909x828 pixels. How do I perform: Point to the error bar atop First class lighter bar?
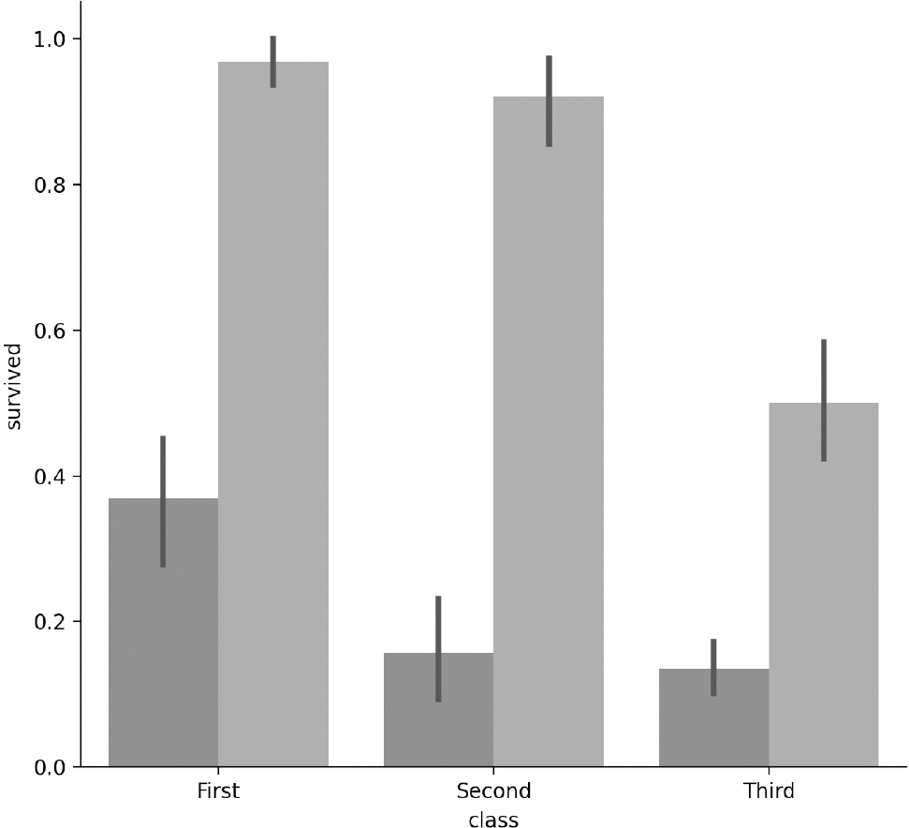(x=273, y=62)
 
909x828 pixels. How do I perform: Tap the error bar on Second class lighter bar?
(x=549, y=101)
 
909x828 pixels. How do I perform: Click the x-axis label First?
(x=218, y=791)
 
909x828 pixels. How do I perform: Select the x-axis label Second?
(x=493, y=791)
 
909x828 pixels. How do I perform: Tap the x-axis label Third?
(x=769, y=791)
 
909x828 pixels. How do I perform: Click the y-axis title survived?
(x=14, y=387)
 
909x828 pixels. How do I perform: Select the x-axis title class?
(x=493, y=819)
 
